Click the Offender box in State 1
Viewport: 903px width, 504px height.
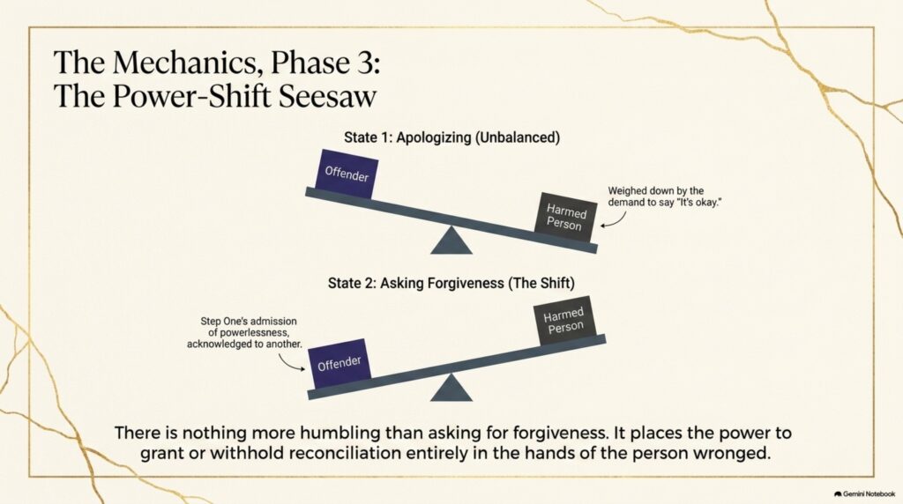tap(347, 174)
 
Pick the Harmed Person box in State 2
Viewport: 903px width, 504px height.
tap(564, 321)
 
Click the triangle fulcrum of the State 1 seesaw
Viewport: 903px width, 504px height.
tap(451, 241)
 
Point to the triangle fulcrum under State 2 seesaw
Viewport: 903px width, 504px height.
tap(451, 388)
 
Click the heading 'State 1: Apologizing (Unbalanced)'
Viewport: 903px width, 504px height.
tap(452, 137)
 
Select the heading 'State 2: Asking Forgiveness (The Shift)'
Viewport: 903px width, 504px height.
tap(451, 283)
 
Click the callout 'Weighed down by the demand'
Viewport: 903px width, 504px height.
tap(665, 196)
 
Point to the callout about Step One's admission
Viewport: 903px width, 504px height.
tap(245, 332)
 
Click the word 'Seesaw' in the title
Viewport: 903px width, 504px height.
tap(328, 95)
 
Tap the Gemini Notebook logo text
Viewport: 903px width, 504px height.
tap(864, 493)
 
